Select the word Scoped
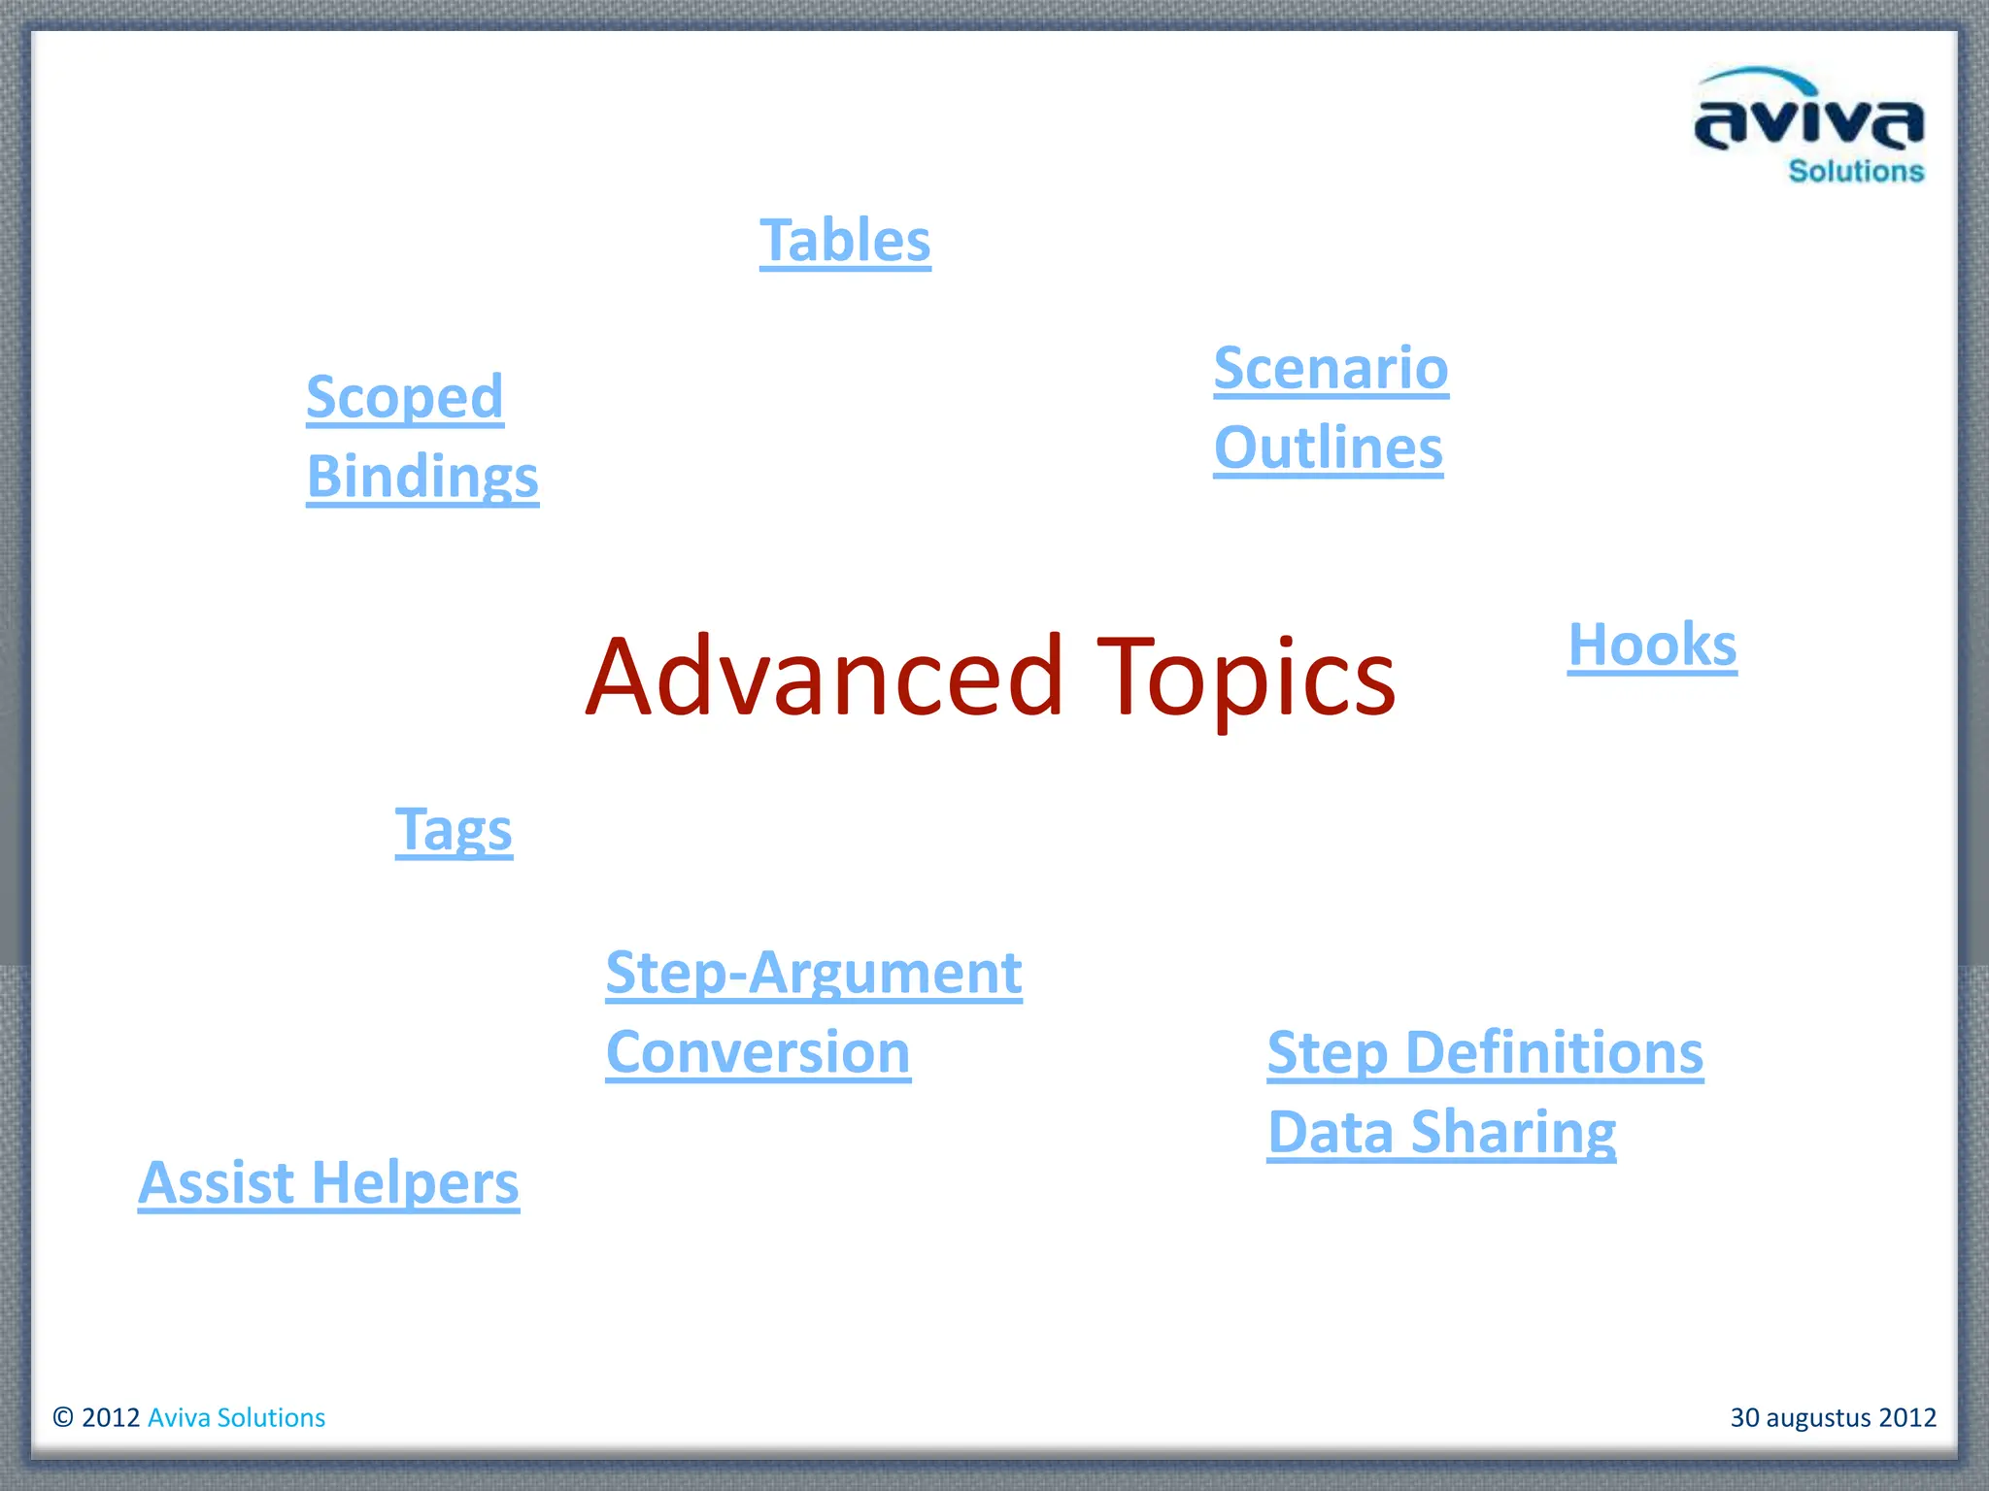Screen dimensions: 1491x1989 405,397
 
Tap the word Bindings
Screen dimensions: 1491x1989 422,477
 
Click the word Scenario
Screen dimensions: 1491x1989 1331,368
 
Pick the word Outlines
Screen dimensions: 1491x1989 1328,447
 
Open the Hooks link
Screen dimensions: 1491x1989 1652,645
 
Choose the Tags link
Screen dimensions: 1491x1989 454,830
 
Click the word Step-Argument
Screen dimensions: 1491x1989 814,973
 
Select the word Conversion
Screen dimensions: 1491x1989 758,1052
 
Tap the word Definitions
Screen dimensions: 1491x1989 1554,1053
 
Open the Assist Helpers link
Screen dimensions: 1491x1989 328,1183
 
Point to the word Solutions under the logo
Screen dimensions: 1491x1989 1856,172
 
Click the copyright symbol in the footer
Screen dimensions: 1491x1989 63,1417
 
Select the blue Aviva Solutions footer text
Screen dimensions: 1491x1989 236,1417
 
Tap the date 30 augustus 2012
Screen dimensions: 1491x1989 1833,1417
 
